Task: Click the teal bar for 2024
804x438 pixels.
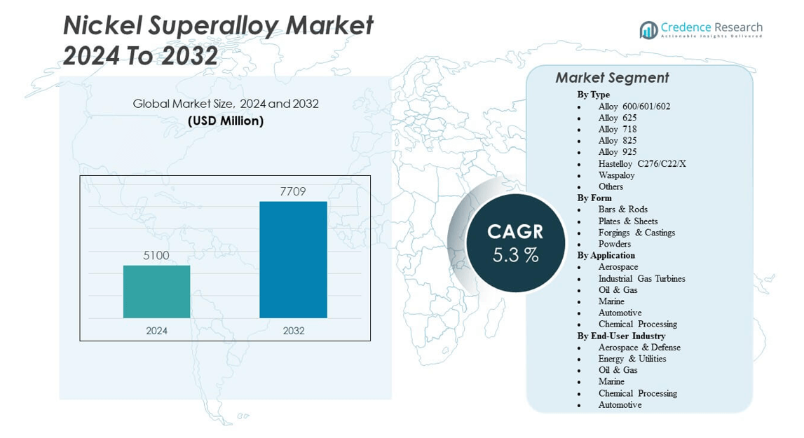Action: tap(156, 292)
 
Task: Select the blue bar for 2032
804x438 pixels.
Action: tap(293, 259)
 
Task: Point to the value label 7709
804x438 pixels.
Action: tap(293, 191)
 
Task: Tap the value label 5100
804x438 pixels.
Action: tap(156, 256)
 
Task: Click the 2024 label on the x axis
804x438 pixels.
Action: tap(156, 331)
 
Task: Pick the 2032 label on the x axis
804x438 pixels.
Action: tap(293, 331)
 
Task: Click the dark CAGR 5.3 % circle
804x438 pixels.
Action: tap(515, 242)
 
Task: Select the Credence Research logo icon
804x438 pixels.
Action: tap(648, 29)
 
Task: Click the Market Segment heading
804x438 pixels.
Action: tap(612, 78)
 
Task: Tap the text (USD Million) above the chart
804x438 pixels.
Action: tap(226, 121)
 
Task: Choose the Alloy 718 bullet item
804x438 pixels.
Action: tap(618, 129)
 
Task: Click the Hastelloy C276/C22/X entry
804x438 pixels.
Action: tap(642, 163)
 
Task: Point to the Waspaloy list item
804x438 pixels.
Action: tap(616, 175)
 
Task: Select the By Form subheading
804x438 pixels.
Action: tap(594, 198)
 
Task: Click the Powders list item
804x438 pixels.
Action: tap(615, 244)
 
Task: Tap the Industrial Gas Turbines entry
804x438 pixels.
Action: tap(641, 278)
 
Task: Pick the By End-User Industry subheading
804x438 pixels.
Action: tap(621, 336)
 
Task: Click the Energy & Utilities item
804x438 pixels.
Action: tap(632, 359)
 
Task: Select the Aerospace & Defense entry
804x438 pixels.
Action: tap(639, 347)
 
